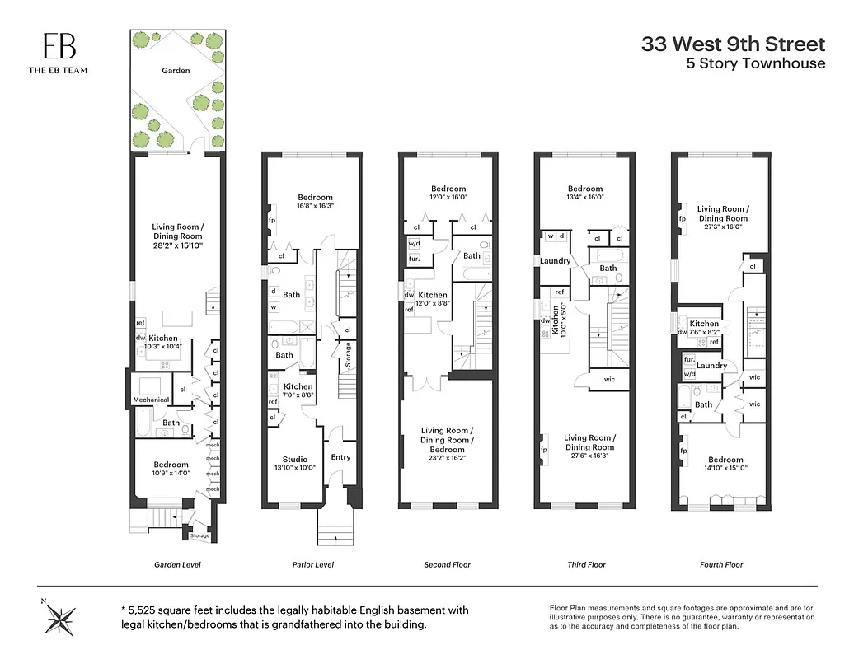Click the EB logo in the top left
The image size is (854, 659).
pos(58,46)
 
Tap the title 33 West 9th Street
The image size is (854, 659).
pos(733,44)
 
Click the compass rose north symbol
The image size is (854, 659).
pos(60,616)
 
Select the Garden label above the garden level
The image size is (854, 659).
pos(176,71)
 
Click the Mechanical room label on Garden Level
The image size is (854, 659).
pos(151,400)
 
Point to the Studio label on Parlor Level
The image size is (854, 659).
pos(295,460)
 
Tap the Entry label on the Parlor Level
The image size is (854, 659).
pos(340,457)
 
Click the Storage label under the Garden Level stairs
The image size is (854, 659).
pos(199,536)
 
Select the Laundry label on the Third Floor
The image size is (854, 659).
pos(556,261)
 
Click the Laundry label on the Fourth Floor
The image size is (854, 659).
pos(712,366)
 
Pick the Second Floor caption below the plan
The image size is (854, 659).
pos(447,564)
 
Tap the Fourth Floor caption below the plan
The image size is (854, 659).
pos(722,564)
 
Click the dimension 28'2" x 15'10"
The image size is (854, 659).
pos(177,246)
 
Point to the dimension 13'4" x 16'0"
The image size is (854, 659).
pos(584,198)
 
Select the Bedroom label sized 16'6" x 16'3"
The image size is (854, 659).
pos(316,197)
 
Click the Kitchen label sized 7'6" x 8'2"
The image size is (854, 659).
pos(704,324)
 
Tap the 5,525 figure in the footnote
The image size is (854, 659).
pos(147,610)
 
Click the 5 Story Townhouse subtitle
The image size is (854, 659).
pos(755,63)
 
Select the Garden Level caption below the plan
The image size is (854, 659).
pos(177,564)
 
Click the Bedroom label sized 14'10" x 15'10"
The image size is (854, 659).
pos(725,460)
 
